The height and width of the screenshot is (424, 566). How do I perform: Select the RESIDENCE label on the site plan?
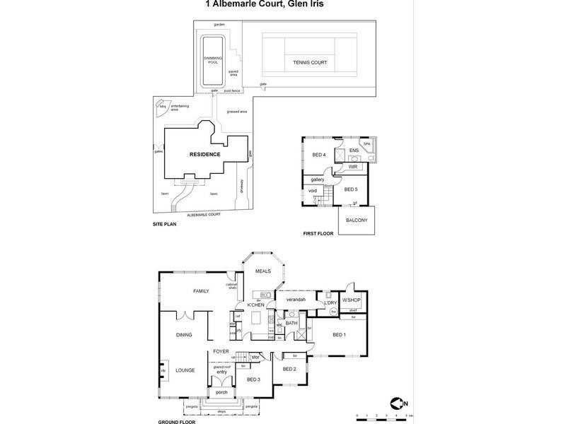coord(204,155)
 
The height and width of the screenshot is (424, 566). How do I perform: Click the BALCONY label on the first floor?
coord(357,220)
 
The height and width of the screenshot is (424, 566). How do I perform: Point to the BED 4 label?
coord(319,155)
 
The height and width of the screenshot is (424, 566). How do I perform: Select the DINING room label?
coord(185,336)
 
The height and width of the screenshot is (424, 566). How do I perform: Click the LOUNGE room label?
coord(185,369)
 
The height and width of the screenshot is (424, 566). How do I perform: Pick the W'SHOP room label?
coord(352,300)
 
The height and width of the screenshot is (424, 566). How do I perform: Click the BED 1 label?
coord(339,334)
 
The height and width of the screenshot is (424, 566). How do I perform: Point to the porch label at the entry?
coord(221,392)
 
